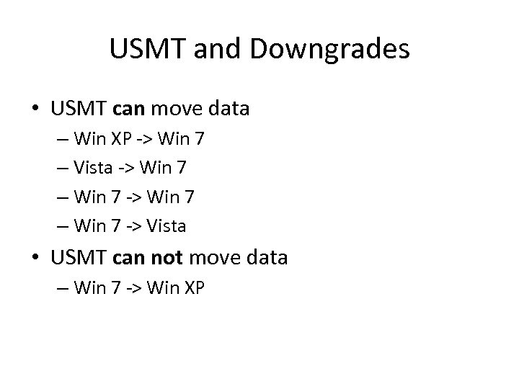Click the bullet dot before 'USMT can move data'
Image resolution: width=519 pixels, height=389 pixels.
pyautogui.click(x=35, y=109)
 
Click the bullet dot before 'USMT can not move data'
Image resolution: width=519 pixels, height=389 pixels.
pyautogui.click(x=35, y=257)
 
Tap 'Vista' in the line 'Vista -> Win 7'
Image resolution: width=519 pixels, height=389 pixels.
pyautogui.click(x=94, y=167)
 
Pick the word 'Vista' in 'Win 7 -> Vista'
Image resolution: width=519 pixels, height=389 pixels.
pyautogui.click(x=167, y=226)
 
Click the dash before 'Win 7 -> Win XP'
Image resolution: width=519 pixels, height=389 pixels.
pyautogui.click(x=62, y=288)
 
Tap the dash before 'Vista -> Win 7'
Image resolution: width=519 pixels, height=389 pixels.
pyautogui.click(x=62, y=167)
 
